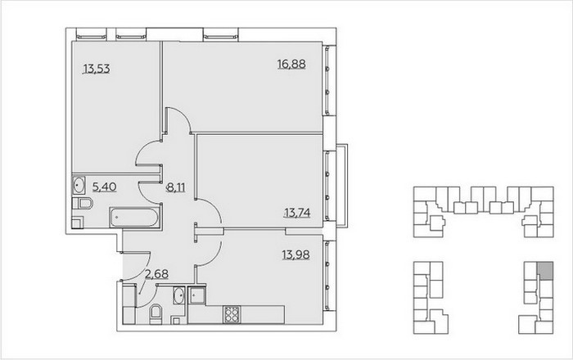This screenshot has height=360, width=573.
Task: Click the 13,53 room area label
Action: click(x=97, y=69)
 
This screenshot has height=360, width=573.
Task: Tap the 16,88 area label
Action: click(x=291, y=65)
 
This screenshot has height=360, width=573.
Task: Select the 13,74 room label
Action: click(x=297, y=213)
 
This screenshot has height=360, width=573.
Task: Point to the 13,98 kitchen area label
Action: click(x=296, y=254)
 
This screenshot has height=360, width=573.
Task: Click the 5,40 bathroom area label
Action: click(x=105, y=187)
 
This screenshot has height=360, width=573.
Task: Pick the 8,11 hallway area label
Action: click(x=176, y=187)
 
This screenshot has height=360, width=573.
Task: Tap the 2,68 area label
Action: click(x=157, y=274)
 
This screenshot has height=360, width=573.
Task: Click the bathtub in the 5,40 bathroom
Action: click(x=135, y=218)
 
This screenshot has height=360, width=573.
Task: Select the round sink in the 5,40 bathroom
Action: click(x=79, y=186)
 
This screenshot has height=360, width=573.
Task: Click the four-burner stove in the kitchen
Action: click(x=232, y=314)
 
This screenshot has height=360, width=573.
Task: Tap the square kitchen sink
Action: click(x=197, y=295)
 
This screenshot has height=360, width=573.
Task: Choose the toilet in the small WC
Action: click(x=156, y=314)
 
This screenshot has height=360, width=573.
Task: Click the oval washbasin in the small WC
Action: click(x=179, y=295)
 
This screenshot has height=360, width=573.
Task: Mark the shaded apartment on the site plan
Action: click(x=545, y=271)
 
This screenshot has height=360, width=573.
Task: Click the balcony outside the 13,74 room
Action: click(x=342, y=186)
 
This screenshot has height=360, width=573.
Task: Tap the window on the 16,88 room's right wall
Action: click(x=327, y=80)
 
